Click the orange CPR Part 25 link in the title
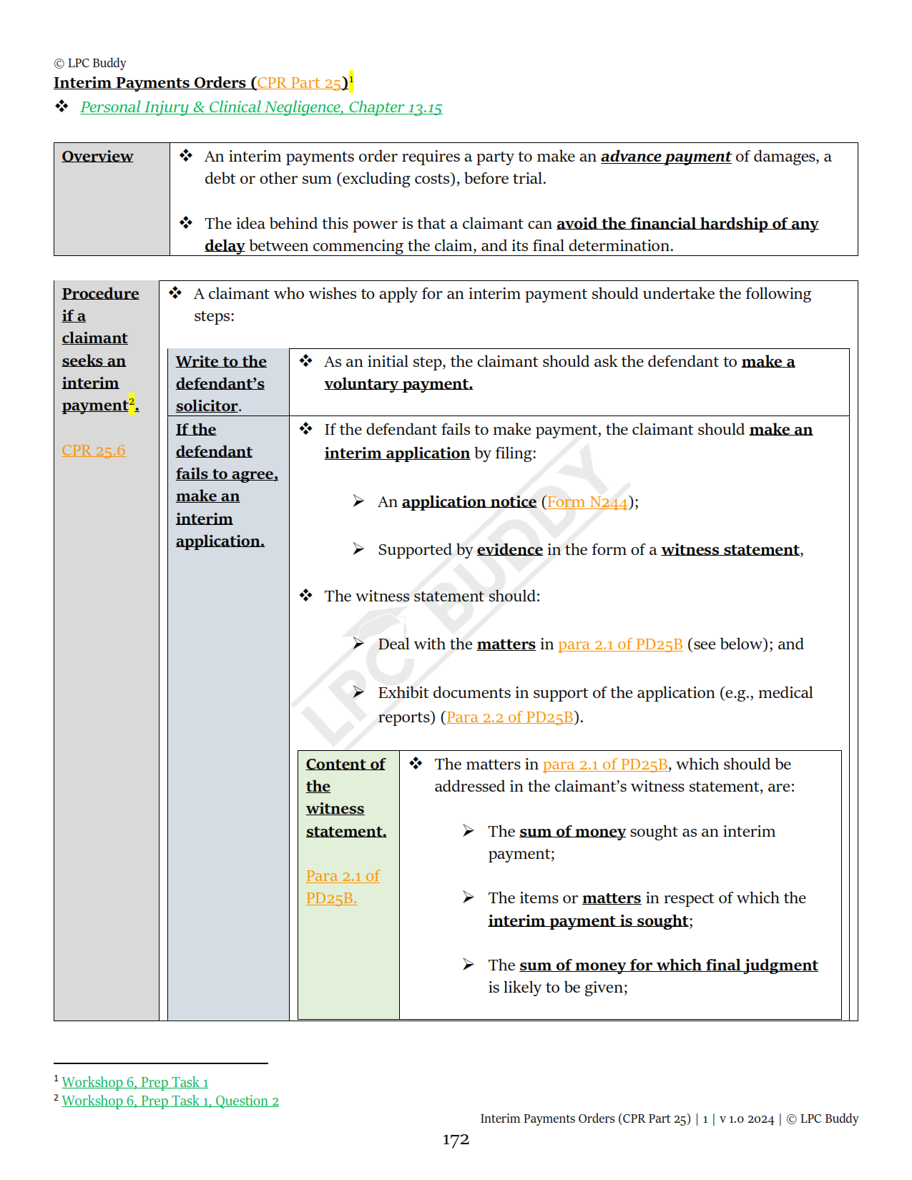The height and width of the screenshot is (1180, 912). tap(299, 83)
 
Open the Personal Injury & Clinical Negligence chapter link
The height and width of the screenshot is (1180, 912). tap(261, 107)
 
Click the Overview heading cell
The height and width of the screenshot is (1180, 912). tap(97, 157)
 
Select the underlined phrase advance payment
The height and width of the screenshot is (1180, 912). tap(665, 157)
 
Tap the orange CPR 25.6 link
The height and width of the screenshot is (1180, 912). tap(94, 451)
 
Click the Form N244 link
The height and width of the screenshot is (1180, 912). tap(587, 502)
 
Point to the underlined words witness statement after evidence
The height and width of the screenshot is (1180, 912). tap(730, 550)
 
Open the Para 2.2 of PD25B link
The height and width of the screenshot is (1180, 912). tap(510, 717)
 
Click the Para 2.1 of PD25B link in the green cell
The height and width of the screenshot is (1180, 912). tap(342, 887)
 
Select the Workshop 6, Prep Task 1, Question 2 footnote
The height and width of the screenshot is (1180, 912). tap(170, 1101)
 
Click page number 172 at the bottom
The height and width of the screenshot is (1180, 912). tap(456, 1139)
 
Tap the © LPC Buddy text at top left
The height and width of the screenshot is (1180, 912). tap(90, 63)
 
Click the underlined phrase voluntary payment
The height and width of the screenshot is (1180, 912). tap(398, 384)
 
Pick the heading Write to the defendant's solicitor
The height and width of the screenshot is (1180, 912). tap(220, 383)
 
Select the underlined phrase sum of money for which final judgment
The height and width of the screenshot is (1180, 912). tap(668, 965)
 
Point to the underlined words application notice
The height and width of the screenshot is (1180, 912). tap(469, 502)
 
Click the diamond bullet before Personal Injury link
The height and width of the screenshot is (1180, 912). tap(62, 107)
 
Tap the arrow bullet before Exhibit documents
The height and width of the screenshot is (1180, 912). tap(358, 692)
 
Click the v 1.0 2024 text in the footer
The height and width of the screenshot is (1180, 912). tap(747, 1119)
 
